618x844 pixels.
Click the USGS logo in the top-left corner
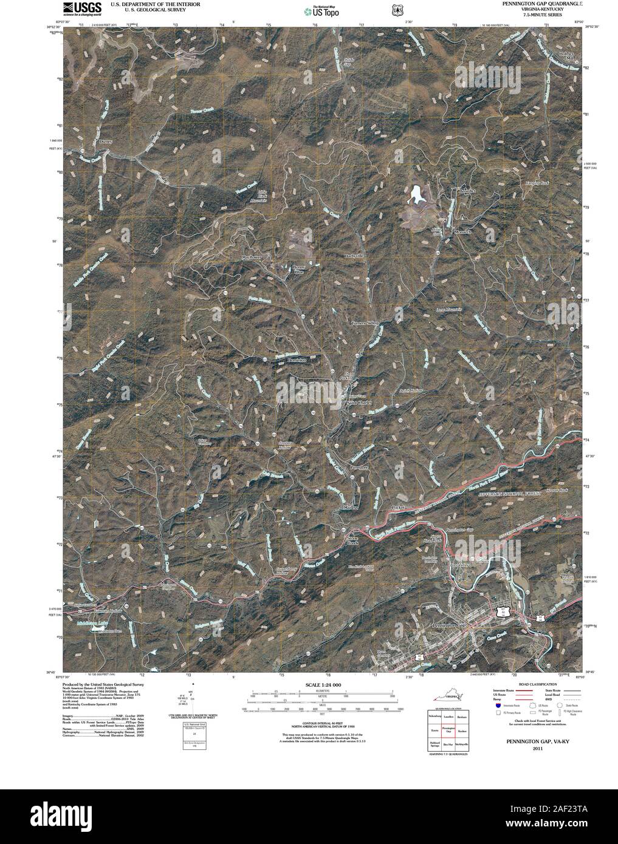pos(75,9)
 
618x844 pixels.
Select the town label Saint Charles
pos(358,403)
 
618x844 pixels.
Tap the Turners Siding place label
pos(365,323)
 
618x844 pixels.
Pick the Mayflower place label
pos(255,257)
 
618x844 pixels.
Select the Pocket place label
pos(398,506)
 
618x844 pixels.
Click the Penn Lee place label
pos(360,468)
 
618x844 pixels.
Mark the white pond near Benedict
pos(417,194)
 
